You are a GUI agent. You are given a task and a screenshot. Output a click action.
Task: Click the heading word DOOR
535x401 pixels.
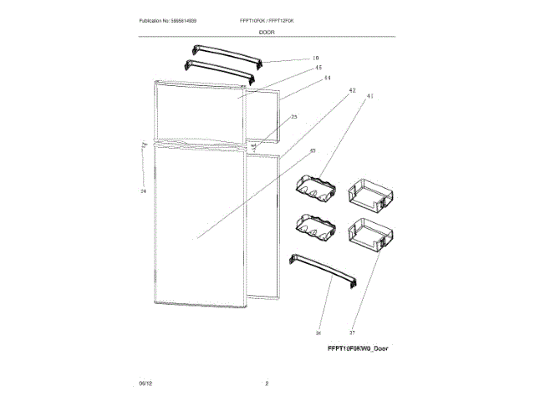tap(266, 31)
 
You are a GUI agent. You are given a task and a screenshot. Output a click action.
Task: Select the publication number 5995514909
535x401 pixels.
tap(183, 19)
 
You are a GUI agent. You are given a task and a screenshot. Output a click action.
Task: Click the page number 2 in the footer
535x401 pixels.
tap(267, 383)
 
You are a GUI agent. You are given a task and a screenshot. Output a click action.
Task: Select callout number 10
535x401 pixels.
tap(315, 58)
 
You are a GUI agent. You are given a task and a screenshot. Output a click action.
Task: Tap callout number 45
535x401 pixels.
tap(318, 68)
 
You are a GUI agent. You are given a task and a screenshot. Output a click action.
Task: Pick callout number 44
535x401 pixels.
tap(327, 78)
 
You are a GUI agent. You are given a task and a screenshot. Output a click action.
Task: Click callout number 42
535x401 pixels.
tap(352, 89)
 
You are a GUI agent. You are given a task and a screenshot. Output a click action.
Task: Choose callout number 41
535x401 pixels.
tap(369, 98)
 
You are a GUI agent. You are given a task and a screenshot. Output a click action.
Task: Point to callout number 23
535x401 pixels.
tap(293, 117)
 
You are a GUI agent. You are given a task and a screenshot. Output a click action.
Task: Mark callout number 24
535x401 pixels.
tap(143, 191)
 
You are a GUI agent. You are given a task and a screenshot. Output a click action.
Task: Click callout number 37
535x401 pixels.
tap(352, 332)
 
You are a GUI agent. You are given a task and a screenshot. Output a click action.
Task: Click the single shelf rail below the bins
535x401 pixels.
tap(322, 271)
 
